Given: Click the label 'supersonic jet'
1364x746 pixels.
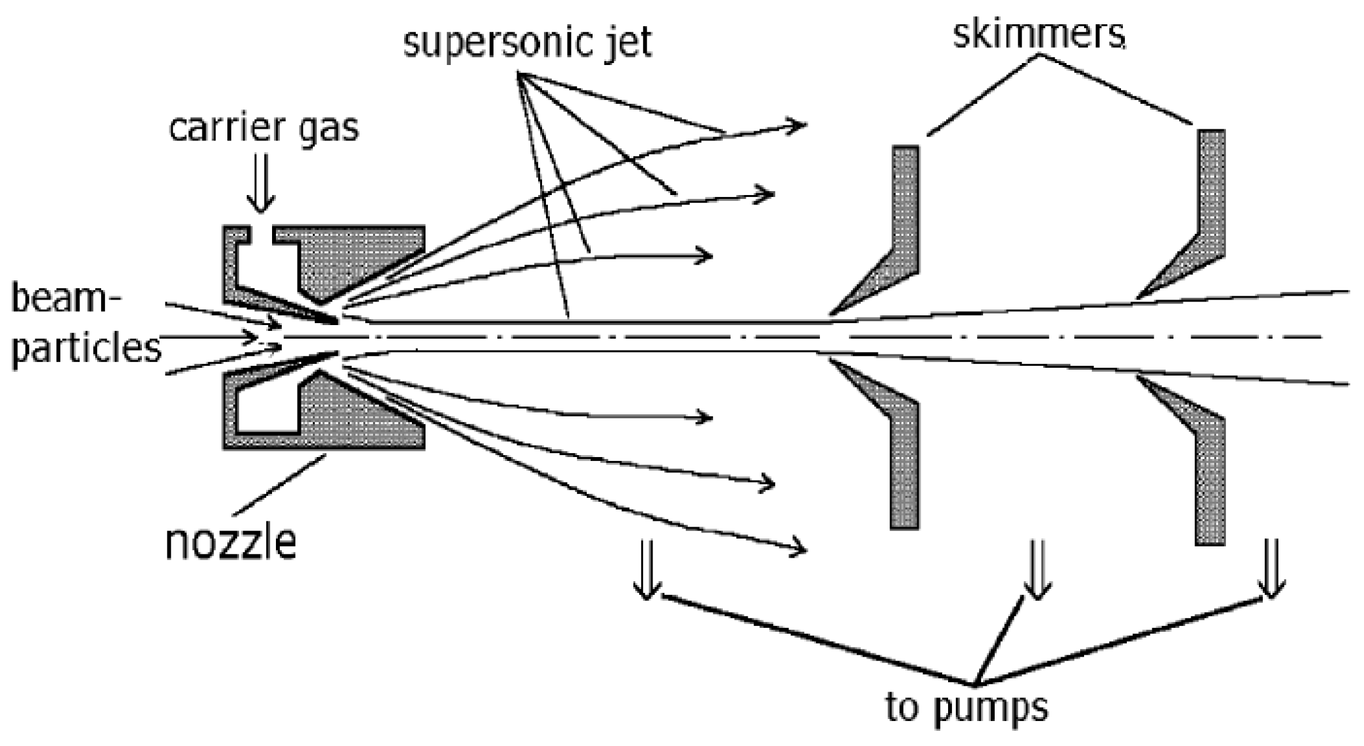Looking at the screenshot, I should pos(528,43).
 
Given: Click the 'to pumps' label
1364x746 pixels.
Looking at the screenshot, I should pos(966,707).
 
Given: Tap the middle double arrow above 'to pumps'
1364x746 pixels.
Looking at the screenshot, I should pos(1036,569).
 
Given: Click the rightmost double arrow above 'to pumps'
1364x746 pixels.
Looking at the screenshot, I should pos(1271,569).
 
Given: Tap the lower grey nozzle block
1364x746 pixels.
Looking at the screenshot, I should pos(355,420).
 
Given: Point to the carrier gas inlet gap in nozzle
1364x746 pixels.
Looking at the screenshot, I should pos(261,236).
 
